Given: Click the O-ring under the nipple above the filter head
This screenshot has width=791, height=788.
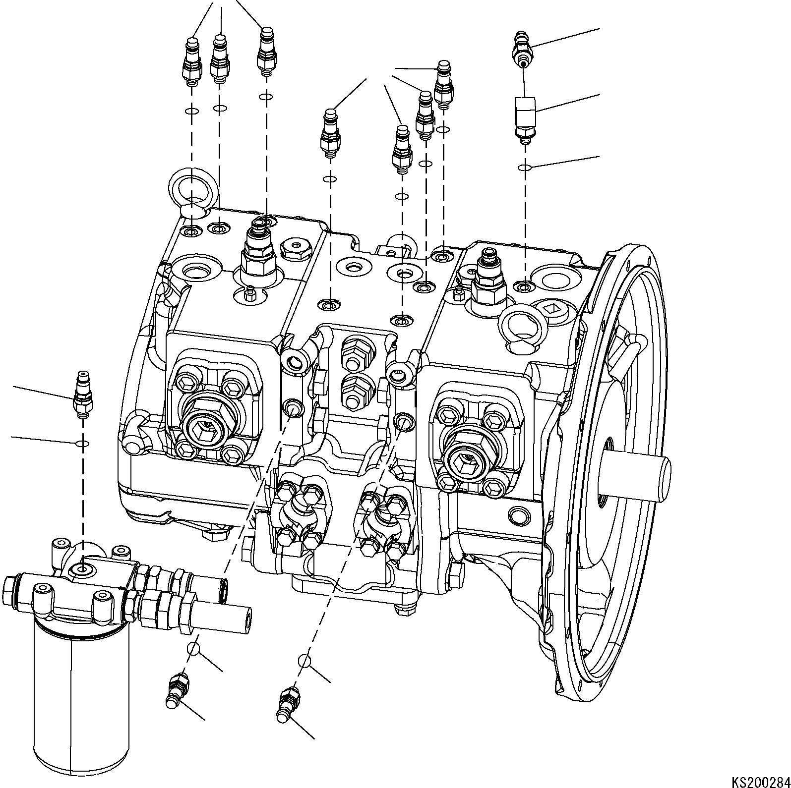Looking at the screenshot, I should [x=82, y=443].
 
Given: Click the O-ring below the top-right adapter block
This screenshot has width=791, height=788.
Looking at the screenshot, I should [x=525, y=168].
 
